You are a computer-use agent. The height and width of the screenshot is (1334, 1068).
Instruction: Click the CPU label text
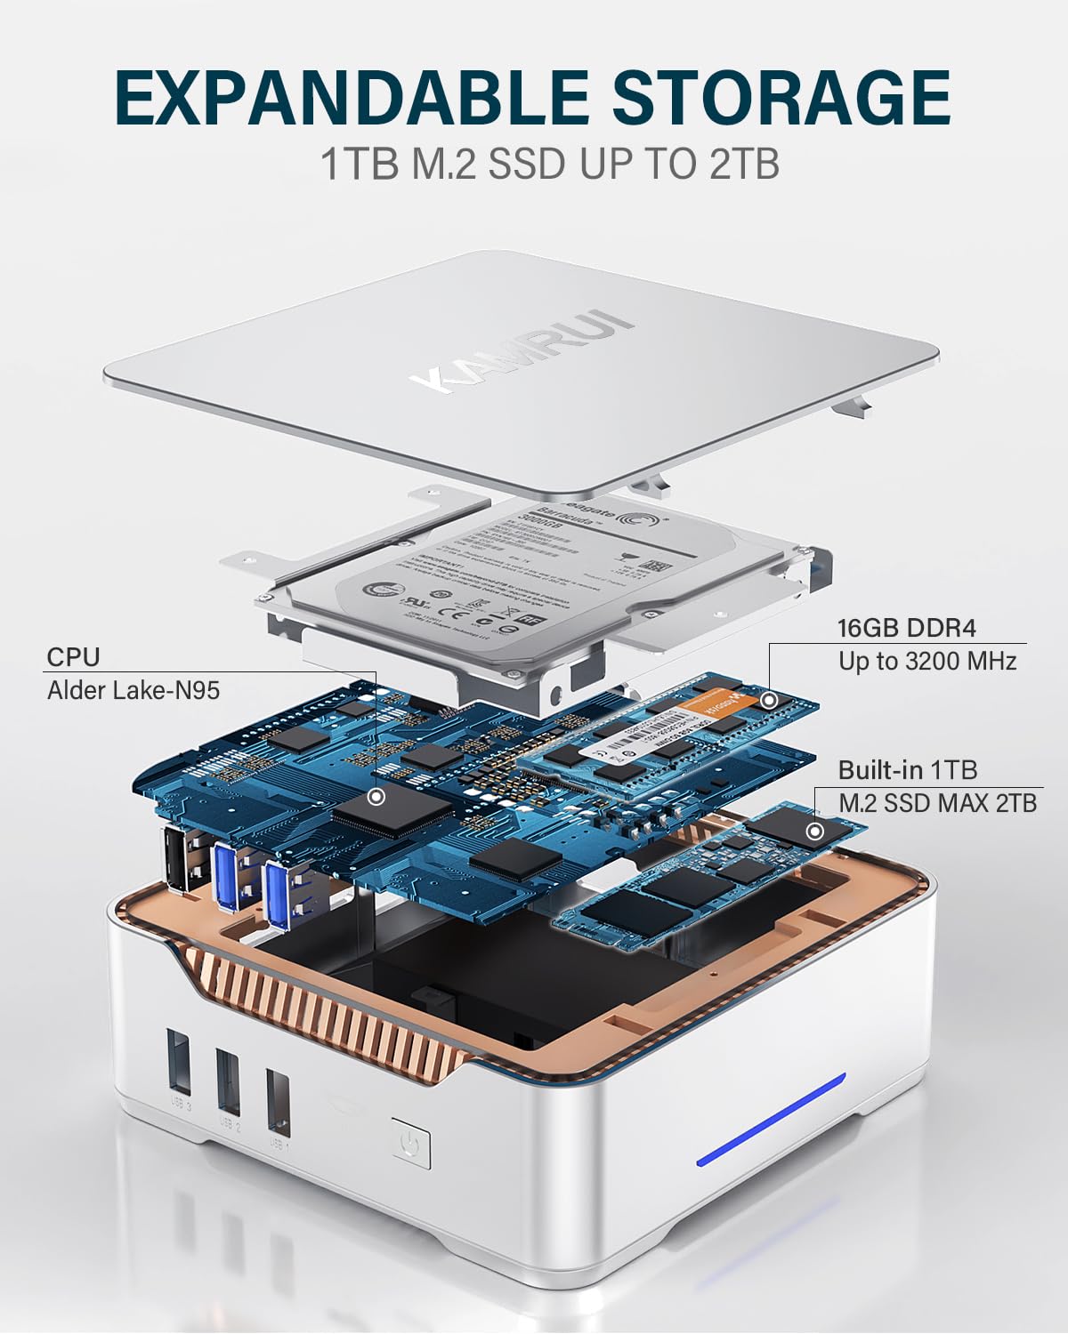pyautogui.click(x=73, y=657)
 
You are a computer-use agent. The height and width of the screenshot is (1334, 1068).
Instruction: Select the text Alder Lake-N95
pyautogui.click(x=133, y=689)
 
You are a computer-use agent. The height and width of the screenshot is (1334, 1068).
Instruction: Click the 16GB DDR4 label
pyautogui.click(x=907, y=628)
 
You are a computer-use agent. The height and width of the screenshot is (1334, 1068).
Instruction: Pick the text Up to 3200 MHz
pyautogui.click(x=926, y=661)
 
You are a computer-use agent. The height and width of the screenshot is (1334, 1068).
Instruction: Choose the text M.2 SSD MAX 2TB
pyautogui.click(x=937, y=802)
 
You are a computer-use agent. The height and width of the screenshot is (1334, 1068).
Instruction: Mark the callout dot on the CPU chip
pyautogui.click(x=377, y=796)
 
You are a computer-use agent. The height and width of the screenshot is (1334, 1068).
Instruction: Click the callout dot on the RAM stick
pyautogui.click(x=770, y=700)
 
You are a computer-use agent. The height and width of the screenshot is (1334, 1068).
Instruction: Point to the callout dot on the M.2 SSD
pyautogui.click(x=813, y=832)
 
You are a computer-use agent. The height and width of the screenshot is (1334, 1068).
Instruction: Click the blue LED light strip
pyautogui.click(x=771, y=1118)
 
